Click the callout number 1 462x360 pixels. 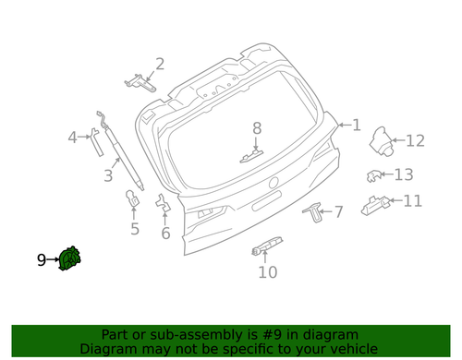[x=356, y=126]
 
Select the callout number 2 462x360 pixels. [x=159, y=64]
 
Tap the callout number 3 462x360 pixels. [x=108, y=174]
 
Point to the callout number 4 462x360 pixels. [x=73, y=138]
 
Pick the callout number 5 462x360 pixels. [x=134, y=229]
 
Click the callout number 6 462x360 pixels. [x=165, y=233]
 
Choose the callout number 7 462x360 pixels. [x=337, y=212]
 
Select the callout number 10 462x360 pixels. [x=267, y=271]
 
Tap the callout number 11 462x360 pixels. [x=412, y=200]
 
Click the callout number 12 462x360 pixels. [x=414, y=140]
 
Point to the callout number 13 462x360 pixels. [x=404, y=174]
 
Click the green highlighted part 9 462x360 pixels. [x=70, y=260]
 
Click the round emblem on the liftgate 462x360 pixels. [x=274, y=181]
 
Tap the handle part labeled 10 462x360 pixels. [x=266, y=247]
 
